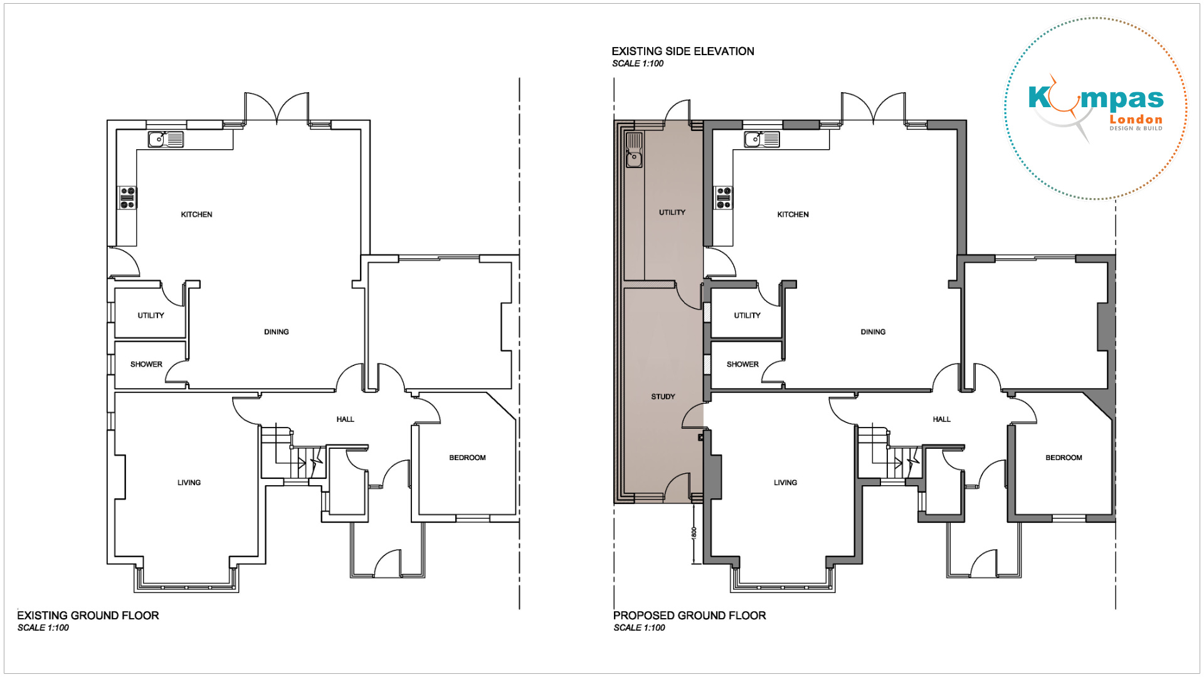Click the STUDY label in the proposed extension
point(663,397)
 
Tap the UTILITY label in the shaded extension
point(672,213)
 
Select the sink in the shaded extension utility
point(635,150)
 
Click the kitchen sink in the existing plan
point(166,139)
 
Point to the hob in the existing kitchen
point(128,197)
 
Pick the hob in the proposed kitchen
point(724,197)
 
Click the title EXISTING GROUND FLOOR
point(88,616)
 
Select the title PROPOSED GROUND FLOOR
point(690,616)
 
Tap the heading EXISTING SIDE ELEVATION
point(683,51)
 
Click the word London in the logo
point(1136,120)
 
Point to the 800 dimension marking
point(694,532)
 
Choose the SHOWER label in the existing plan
point(146,364)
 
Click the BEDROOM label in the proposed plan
point(1064,458)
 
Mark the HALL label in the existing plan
point(345,419)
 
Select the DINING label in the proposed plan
point(873,332)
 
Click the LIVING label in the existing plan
point(189,483)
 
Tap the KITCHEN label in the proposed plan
point(793,214)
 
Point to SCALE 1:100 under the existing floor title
point(43,627)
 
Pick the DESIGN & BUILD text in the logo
point(1136,129)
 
